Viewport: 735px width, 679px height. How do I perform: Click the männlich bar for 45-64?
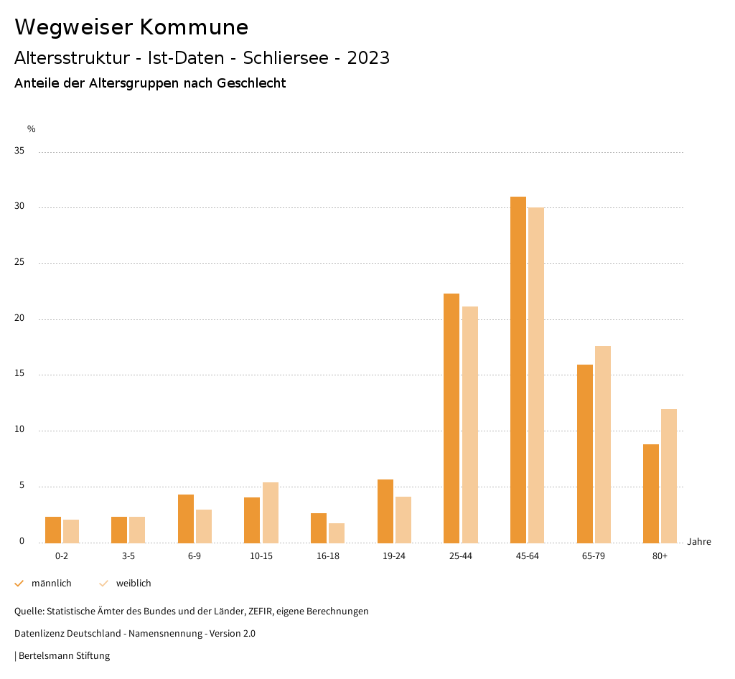pos(518,370)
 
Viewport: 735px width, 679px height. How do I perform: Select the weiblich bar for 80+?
pos(669,476)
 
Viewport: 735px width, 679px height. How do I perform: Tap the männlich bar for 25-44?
pos(451,418)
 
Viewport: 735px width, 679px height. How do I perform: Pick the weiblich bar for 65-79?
pos(603,444)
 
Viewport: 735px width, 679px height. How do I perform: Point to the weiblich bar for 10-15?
pos(271,512)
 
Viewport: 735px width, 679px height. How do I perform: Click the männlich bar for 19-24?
pos(385,511)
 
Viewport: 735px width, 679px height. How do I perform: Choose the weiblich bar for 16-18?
pos(337,533)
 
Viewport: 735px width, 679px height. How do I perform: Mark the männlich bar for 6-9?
pos(186,518)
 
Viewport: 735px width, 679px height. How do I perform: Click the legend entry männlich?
pos(51,584)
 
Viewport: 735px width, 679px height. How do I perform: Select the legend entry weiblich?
pos(134,584)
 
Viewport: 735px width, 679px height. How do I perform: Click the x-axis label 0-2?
pos(62,556)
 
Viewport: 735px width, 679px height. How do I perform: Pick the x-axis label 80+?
pos(660,556)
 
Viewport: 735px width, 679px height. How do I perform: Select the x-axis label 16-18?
pos(327,556)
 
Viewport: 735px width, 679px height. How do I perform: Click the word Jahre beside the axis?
pos(699,542)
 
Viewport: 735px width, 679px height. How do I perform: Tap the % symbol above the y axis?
pos(32,129)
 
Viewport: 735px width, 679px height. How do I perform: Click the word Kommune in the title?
pos(194,27)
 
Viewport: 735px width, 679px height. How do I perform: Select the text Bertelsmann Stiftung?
pos(64,655)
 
